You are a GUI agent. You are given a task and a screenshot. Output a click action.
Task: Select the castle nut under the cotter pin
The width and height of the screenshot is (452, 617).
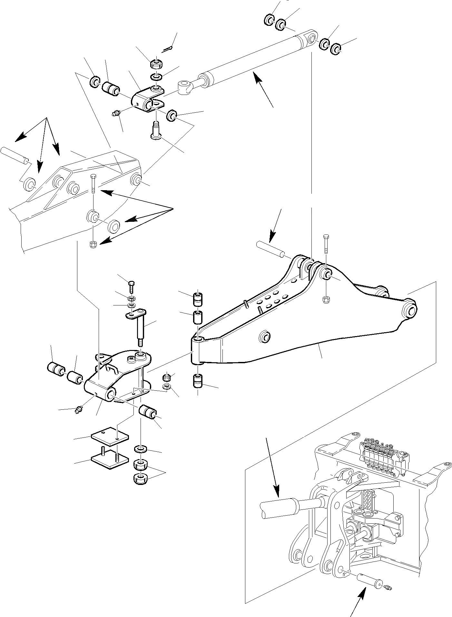(156, 64)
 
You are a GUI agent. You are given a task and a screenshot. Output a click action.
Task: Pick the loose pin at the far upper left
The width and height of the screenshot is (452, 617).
(15, 155)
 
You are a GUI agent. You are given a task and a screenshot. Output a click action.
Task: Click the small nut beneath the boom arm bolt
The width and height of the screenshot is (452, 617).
(325, 299)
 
